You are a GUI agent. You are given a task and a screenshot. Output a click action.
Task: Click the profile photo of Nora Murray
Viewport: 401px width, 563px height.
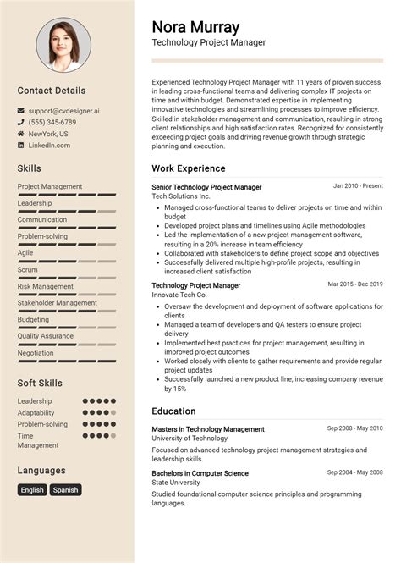(x=66, y=45)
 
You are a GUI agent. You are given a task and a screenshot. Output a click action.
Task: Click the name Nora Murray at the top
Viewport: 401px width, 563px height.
(x=195, y=26)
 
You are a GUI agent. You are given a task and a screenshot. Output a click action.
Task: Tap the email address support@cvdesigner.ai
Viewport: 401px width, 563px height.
(x=63, y=110)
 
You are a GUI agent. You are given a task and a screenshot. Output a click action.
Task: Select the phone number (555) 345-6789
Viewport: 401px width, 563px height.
(x=52, y=122)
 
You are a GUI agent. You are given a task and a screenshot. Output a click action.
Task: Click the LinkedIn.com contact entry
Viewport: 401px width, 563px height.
(x=49, y=146)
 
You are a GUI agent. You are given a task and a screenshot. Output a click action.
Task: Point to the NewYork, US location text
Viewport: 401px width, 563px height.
(x=48, y=134)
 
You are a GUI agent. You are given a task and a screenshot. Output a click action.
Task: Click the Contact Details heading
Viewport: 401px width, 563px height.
(x=52, y=90)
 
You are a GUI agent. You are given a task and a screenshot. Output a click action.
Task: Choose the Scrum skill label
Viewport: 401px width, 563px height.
(x=28, y=269)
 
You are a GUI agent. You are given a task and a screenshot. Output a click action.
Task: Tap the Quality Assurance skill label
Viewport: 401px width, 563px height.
(x=46, y=335)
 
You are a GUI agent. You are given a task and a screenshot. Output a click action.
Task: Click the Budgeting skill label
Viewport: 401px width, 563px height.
(x=33, y=319)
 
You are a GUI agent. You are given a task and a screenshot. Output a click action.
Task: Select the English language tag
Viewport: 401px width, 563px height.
(x=32, y=489)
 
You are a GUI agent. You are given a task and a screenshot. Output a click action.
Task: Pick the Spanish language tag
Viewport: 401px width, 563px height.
(x=65, y=489)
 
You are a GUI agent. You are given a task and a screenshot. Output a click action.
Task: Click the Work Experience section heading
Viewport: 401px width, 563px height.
(x=189, y=168)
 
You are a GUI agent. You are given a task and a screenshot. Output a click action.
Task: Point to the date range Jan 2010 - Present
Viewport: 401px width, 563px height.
(x=358, y=185)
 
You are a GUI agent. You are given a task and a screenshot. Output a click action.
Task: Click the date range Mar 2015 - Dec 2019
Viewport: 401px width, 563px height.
(x=355, y=284)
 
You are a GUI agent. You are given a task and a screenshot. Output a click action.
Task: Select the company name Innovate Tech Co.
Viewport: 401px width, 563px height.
(x=179, y=295)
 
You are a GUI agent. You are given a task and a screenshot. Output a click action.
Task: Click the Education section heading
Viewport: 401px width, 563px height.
(x=174, y=411)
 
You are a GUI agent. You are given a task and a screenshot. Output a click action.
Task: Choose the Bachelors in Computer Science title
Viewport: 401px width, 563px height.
(x=200, y=473)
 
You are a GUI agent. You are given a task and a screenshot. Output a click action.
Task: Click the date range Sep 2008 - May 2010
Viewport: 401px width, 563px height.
(x=355, y=428)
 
